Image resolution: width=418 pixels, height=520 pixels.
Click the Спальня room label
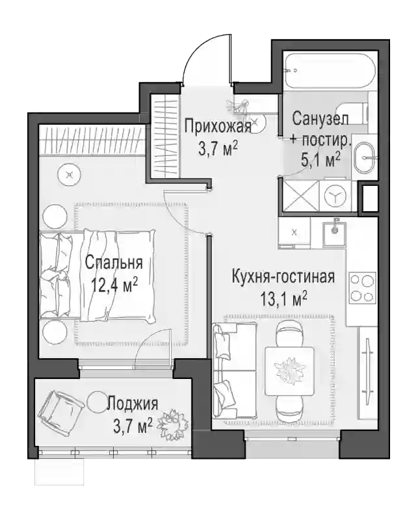tap(114, 263)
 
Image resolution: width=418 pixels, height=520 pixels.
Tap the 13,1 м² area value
tap(283, 300)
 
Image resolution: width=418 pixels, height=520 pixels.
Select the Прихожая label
tap(218, 126)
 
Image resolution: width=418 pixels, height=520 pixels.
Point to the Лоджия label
tap(133, 404)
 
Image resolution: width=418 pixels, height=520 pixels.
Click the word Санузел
tap(320, 119)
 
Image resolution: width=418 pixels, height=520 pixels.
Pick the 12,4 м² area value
tap(115, 285)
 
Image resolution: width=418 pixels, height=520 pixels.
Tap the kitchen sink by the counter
tap(335, 234)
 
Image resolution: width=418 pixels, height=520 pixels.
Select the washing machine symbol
tap(335, 196)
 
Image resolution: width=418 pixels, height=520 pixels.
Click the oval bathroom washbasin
tap(365, 157)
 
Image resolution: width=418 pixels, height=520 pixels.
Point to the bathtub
tap(330, 70)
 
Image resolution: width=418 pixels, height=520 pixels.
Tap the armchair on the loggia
tap(60, 409)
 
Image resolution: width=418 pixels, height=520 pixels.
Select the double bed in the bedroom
tap(98, 275)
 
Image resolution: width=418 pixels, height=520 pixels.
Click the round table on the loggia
tap(98, 401)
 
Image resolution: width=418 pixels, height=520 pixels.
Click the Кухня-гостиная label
tap(283, 278)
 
